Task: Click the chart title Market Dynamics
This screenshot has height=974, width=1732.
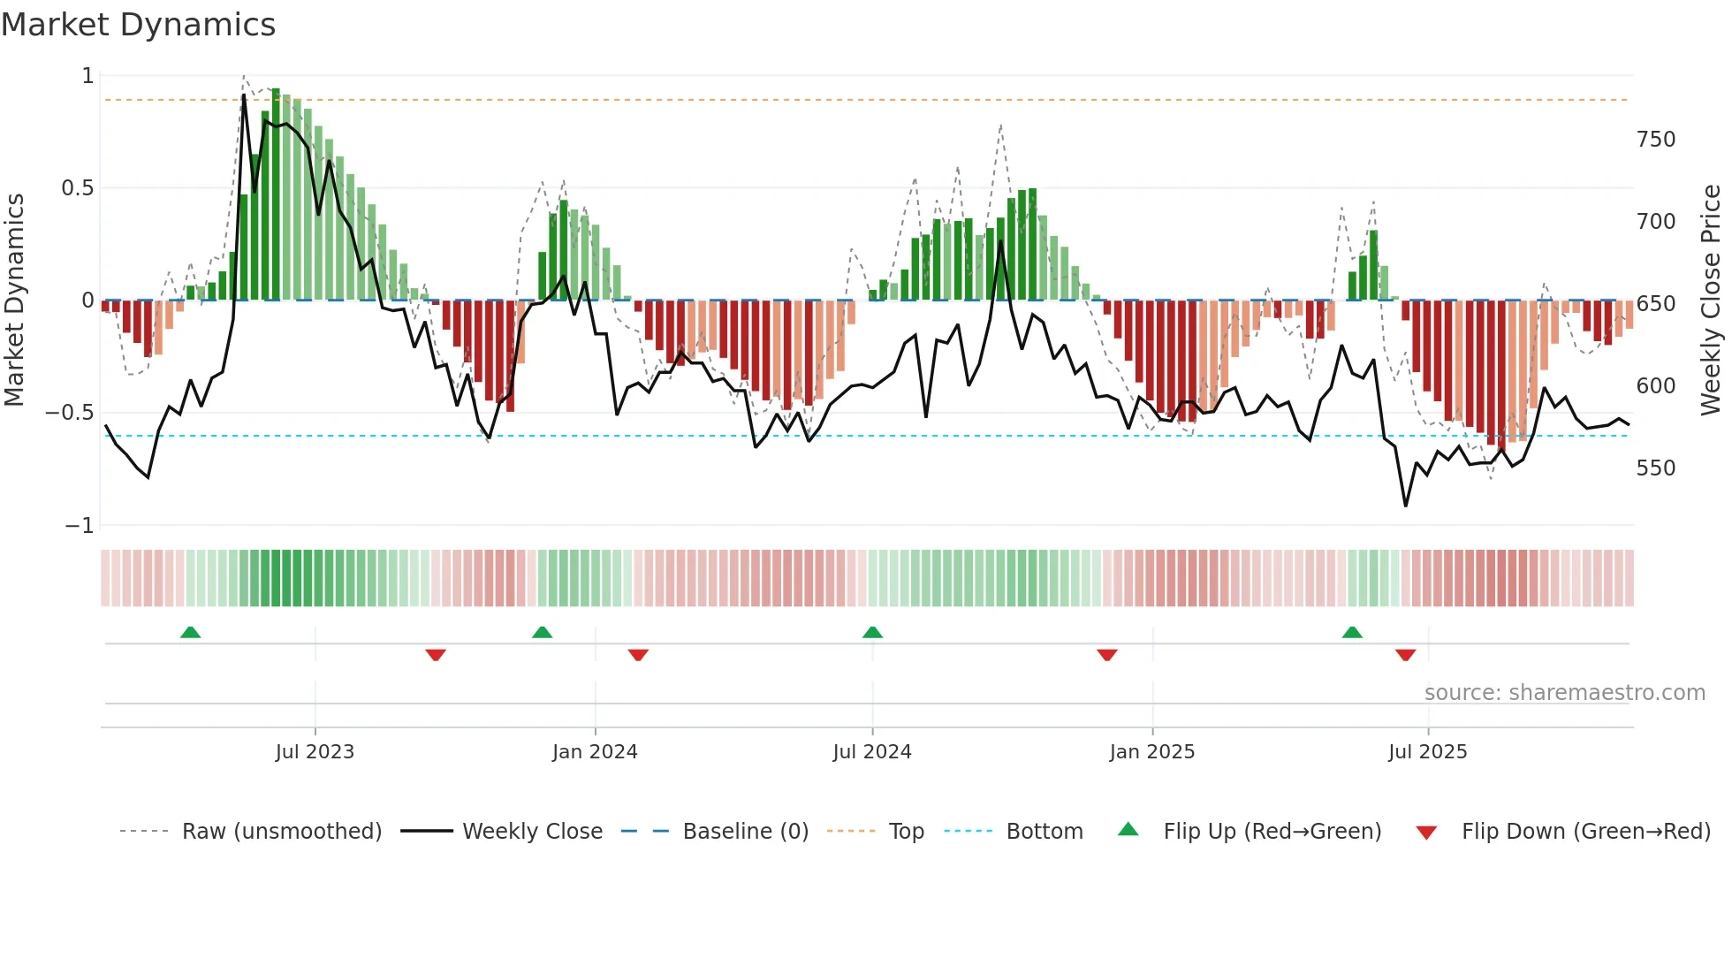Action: (139, 25)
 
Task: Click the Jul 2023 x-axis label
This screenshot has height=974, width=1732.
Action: (315, 752)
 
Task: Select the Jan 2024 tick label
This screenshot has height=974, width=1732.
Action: (595, 752)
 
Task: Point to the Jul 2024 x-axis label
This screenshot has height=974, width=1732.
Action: (871, 752)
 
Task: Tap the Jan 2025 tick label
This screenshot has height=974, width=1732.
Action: (1151, 752)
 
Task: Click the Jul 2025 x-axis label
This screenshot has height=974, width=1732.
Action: (1427, 752)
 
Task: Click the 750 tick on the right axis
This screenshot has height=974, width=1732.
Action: (1655, 140)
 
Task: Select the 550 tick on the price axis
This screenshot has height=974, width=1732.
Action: (1655, 468)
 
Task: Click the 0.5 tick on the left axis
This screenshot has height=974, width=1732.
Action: (77, 188)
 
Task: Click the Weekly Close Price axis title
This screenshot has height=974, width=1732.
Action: (1711, 301)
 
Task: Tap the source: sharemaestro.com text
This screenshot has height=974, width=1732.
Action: (1564, 693)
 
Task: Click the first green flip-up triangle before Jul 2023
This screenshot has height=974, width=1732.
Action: (190, 632)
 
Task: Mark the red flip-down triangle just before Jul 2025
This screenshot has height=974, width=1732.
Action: (1405, 655)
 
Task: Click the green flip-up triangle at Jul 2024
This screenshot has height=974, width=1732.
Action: (872, 632)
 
